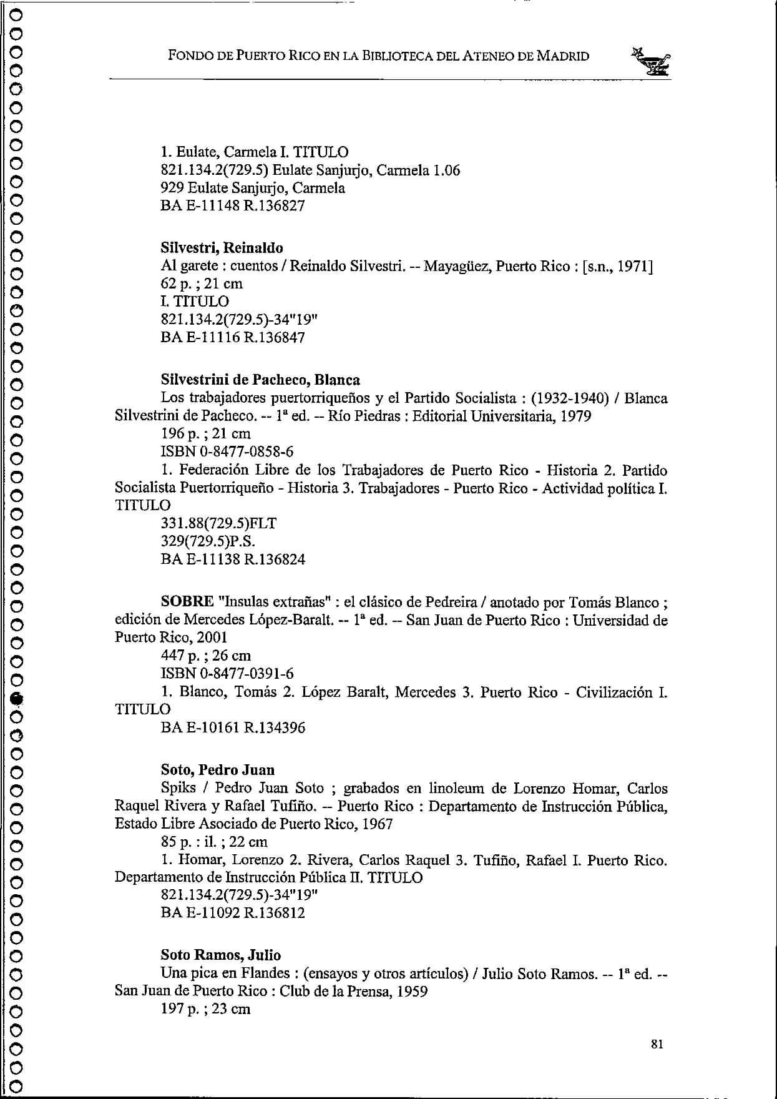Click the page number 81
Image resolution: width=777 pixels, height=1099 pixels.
click(x=656, y=1043)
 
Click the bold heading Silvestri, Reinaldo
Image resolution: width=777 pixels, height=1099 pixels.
click(x=222, y=247)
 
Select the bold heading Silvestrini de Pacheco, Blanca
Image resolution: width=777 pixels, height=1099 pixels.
click(x=260, y=380)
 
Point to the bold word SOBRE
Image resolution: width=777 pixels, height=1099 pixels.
click(x=187, y=601)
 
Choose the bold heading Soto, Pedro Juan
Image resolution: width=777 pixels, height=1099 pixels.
click(x=217, y=769)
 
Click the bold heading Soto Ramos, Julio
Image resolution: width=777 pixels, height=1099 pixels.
click(x=220, y=955)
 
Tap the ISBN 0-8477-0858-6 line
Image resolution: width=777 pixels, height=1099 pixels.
click(x=227, y=451)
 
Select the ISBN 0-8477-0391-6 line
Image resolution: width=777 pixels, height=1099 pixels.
click(x=227, y=673)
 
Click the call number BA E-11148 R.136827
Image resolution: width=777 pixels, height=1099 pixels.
click(x=233, y=205)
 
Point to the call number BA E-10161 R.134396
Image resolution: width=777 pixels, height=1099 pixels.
click(x=233, y=727)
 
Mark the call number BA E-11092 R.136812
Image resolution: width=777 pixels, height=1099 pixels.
click(x=233, y=913)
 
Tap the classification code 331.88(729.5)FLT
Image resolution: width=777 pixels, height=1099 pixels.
click(x=218, y=523)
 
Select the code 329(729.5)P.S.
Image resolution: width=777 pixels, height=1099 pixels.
click(x=208, y=541)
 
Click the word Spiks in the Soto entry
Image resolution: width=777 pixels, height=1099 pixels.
click(x=178, y=788)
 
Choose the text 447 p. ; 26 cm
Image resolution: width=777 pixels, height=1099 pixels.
click(x=206, y=655)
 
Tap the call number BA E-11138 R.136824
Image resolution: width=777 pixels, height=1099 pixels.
click(x=233, y=559)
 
